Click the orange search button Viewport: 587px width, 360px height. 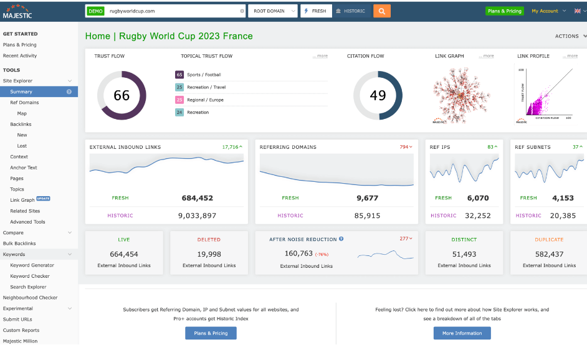coord(381,11)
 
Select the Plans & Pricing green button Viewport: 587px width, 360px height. coord(505,11)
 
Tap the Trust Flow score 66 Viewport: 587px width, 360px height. coord(122,95)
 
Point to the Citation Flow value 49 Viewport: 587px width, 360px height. coord(378,95)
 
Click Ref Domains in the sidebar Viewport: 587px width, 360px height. coord(24,102)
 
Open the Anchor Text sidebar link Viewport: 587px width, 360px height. coord(24,168)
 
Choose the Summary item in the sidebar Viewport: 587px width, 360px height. coord(21,92)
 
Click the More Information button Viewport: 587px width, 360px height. coord(462,333)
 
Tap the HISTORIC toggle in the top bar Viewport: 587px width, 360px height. coord(350,11)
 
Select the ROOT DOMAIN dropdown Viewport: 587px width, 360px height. coord(273,11)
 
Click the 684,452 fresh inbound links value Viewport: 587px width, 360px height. coord(198,198)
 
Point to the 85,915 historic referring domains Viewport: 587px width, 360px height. coord(368,216)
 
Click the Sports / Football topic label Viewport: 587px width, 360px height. coord(204,75)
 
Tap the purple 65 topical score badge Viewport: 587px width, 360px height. coord(179,75)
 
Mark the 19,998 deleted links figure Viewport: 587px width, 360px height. coord(209,254)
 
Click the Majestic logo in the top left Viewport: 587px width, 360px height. coord(17,11)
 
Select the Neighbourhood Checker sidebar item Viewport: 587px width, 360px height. coord(30,298)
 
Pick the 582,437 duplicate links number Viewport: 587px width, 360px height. coord(549,254)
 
